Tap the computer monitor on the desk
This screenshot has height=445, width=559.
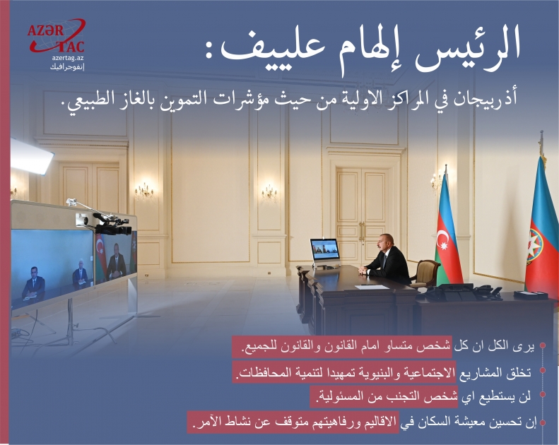click(x=324, y=249)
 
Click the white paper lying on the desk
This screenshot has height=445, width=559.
click(x=372, y=287)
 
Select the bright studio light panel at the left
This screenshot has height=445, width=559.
click(x=31, y=155)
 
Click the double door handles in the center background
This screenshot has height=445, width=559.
click(x=361, y=232)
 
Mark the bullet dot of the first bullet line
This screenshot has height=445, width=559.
click(x=542, y=347)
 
